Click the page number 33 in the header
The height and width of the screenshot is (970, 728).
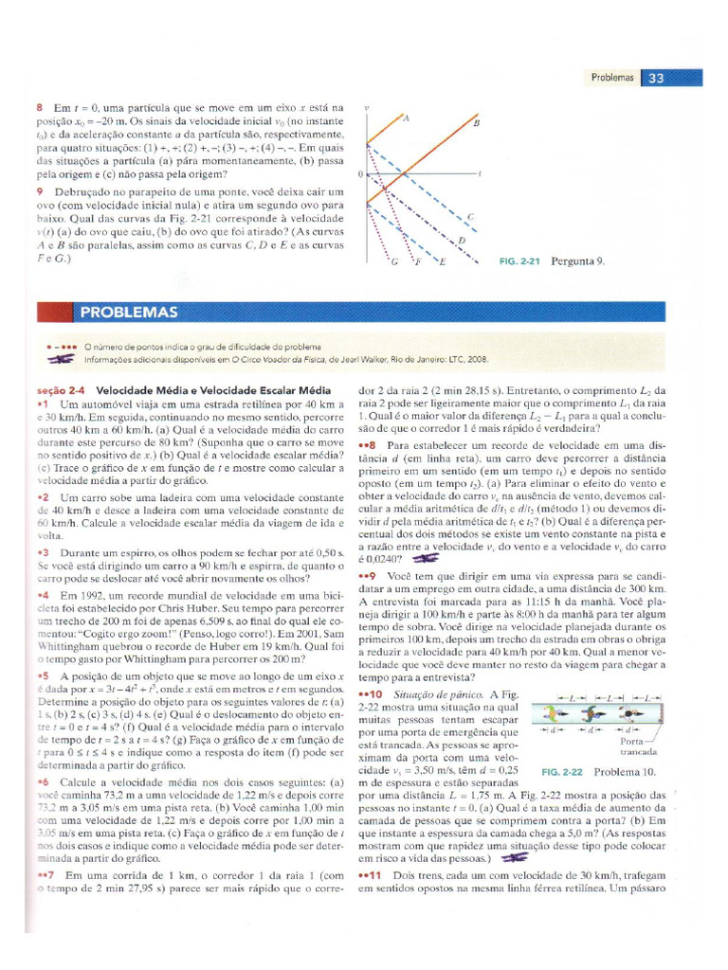pos(656,80)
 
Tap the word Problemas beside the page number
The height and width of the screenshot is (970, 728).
pos(611,80)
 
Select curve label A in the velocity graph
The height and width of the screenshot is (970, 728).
pos(406,118)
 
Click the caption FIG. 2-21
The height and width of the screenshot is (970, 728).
pos(519,261)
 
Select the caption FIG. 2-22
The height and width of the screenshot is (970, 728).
pos(564,771)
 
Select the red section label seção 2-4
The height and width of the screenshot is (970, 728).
pos(60,389)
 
